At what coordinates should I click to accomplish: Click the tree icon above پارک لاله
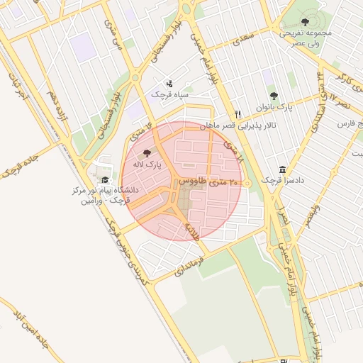point(147,152)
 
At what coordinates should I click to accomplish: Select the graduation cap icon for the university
point(106,180)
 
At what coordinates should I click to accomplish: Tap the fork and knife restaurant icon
point(238,114)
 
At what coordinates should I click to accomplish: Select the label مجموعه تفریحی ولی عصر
point(305,38)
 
